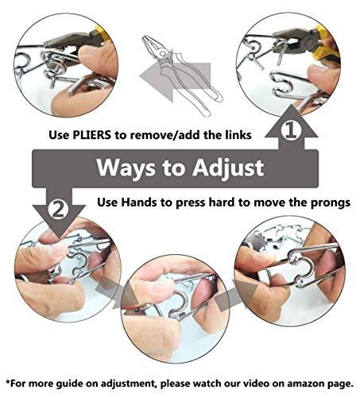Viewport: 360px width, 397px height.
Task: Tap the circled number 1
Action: point(291,128)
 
